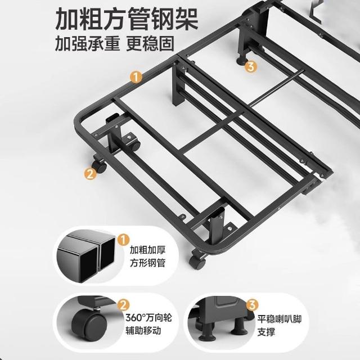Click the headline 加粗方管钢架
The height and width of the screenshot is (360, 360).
click(127, 19)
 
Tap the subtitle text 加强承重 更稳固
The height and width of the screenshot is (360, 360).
click(114, 43)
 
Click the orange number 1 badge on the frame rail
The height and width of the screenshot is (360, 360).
click(136, 77)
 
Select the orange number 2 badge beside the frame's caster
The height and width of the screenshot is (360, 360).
click(90, 174)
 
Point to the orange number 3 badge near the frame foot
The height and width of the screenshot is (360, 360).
click(251, 67)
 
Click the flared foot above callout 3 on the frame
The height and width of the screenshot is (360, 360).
click(242, 60)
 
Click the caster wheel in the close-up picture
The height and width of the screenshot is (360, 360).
click(89, 322)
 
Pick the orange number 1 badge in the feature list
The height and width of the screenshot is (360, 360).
click(123, 240)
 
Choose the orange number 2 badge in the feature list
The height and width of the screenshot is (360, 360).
click(123, 305)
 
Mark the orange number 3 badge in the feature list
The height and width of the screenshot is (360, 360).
click(253, 305)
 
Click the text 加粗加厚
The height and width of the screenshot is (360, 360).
click(147, 250)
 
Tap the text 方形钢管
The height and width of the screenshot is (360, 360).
click(147, 263)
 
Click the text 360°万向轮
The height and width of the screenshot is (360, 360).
click(148, 318)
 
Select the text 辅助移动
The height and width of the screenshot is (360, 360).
click(143, 331)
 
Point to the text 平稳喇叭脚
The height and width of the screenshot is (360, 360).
click(279, 319)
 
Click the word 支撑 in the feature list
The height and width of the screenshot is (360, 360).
click(266, 332)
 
